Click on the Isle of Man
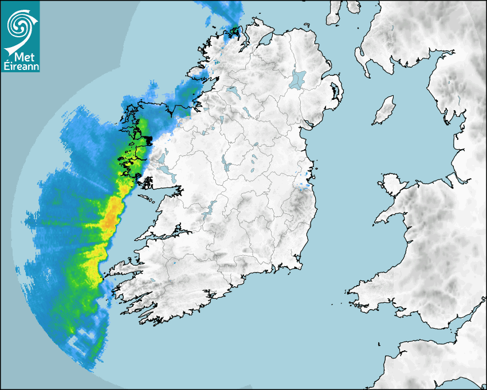pos(384,111)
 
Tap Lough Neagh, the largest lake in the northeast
pos(298,79)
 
